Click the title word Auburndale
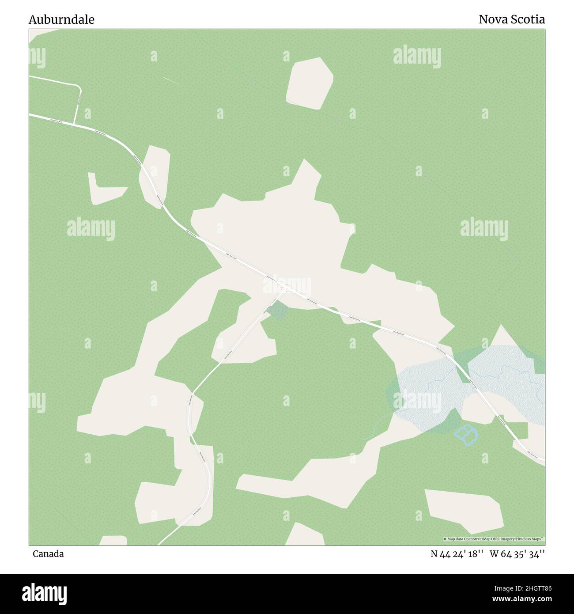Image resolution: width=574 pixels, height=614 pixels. tap(61, 19)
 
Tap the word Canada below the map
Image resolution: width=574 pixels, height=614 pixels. tap(48, 554)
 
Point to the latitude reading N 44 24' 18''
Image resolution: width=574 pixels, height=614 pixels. tap(455, 554)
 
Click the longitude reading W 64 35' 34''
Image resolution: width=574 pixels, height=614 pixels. tap(517, 554)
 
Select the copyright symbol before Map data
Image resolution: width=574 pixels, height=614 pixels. tap(445, 539)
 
